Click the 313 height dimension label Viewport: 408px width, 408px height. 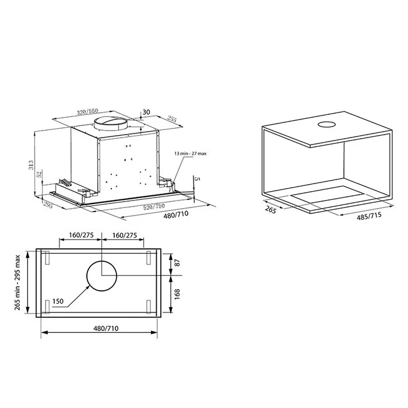[31, 165]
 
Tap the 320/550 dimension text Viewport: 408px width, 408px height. [87, 112]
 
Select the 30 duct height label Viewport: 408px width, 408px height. [146, 112]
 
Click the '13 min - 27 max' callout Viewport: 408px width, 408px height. [191, 153]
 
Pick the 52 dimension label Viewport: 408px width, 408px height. [40, 174]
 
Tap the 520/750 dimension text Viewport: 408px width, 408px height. [154, 207]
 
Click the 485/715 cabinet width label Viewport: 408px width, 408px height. [369, 216]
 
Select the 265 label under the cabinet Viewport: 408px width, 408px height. [270, 209]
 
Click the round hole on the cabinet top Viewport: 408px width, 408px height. [327, 124]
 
